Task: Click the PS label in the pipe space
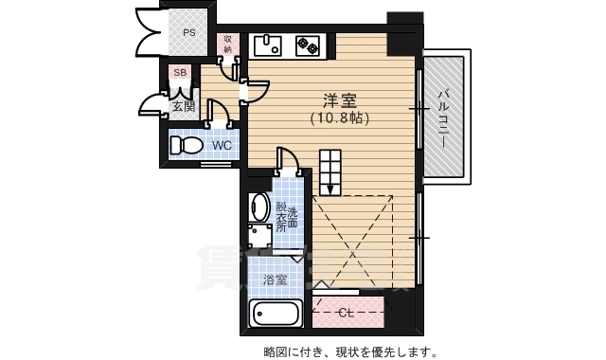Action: coord(189,32)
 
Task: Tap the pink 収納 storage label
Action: coord(228,44)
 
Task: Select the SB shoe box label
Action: coord(180,71)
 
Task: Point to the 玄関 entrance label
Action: coord(183,105)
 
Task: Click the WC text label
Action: coord(222,145)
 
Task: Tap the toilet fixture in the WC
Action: coord(187,145)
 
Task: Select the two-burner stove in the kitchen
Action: coord(308,44)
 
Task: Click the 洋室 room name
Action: coord(339,100)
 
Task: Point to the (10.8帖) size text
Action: coord(339,118)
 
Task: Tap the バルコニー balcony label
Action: coord(442,114)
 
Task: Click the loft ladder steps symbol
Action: coord(333,171)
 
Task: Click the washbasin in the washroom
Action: coord(259,207)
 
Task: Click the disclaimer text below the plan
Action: coord(350,351)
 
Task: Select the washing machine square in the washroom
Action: coord(259,237)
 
